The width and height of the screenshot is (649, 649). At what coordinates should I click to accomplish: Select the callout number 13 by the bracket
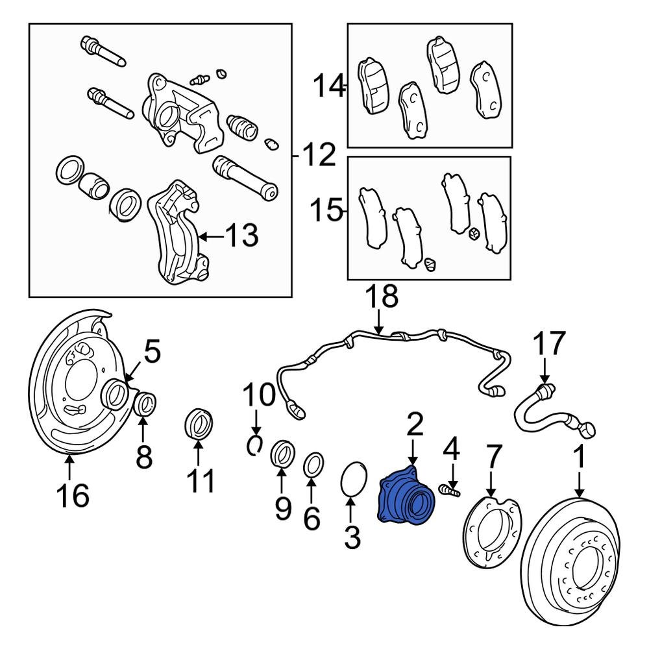tap(242, 236)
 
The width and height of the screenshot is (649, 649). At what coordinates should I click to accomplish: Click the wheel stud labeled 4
tap(449, 490)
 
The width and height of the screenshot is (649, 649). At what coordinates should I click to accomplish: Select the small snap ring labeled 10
tap(255, 445)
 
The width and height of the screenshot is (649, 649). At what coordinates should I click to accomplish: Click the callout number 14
tap(329, 86)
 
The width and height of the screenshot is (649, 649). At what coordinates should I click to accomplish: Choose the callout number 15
tap(327, 211)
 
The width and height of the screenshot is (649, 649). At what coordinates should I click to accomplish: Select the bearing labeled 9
tap(282, 453)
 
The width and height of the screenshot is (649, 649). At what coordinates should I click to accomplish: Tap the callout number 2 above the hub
tap(415, 425)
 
